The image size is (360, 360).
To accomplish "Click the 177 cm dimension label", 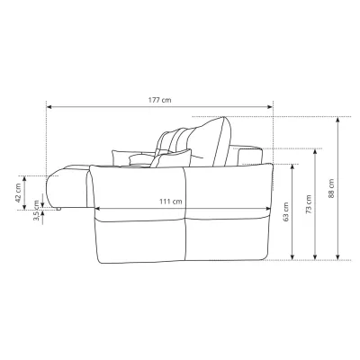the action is pos(159,100).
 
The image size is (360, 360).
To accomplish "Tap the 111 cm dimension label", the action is pos(170,202).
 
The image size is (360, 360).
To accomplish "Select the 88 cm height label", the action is pos(331,188).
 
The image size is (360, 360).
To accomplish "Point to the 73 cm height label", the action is pos(309,204).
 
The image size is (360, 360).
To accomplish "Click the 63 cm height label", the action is pos(286,212).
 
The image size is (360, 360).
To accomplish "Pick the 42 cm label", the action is pos(18,193).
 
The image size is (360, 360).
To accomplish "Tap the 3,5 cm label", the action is pos(37,211).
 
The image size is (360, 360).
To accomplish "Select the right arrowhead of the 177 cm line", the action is pos(270,106).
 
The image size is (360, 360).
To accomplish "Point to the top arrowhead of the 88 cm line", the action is pos(337,120).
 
